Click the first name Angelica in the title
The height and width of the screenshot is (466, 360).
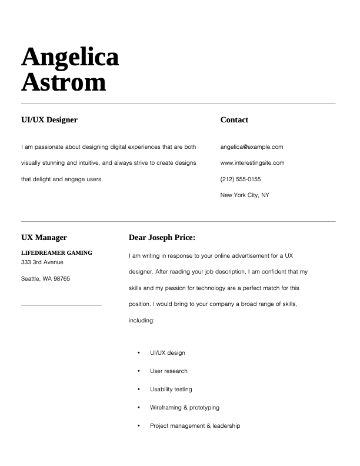tap(70, 58)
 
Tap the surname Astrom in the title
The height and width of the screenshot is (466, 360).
tap(64, 82)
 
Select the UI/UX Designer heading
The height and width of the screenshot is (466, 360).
tap(49, 120)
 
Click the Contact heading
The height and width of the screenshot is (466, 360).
tap(234, 120)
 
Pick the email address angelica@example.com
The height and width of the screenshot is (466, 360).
tap(252, 147)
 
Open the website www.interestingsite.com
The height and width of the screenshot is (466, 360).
tap(252, 163)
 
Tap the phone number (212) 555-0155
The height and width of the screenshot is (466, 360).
tap(241, 179)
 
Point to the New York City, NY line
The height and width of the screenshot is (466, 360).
tap(245, 195)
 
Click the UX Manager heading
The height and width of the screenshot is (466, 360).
tap(44, 238)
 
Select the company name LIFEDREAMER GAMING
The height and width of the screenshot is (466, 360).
tap(56, 253)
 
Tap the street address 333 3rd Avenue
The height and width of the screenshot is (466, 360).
tap(42, 262)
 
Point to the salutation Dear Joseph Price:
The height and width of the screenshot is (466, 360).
tap(162, 238)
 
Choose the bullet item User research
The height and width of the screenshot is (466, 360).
tap(169, 371)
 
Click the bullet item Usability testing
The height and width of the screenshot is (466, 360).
tap(171, 390)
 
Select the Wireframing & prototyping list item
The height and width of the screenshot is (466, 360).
tap(185, 408)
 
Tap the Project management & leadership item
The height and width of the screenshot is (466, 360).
tap(195, 425)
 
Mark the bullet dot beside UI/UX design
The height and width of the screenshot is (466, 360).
tap(139, 353)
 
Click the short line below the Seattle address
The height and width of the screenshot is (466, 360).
tap(61, 305)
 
